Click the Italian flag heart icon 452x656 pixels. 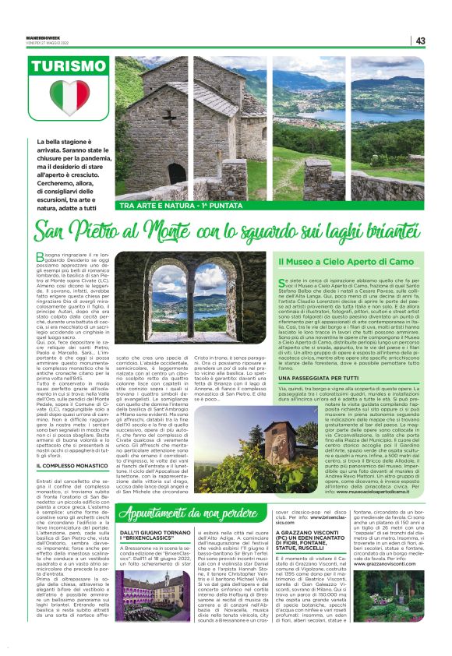coord(70,97)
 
